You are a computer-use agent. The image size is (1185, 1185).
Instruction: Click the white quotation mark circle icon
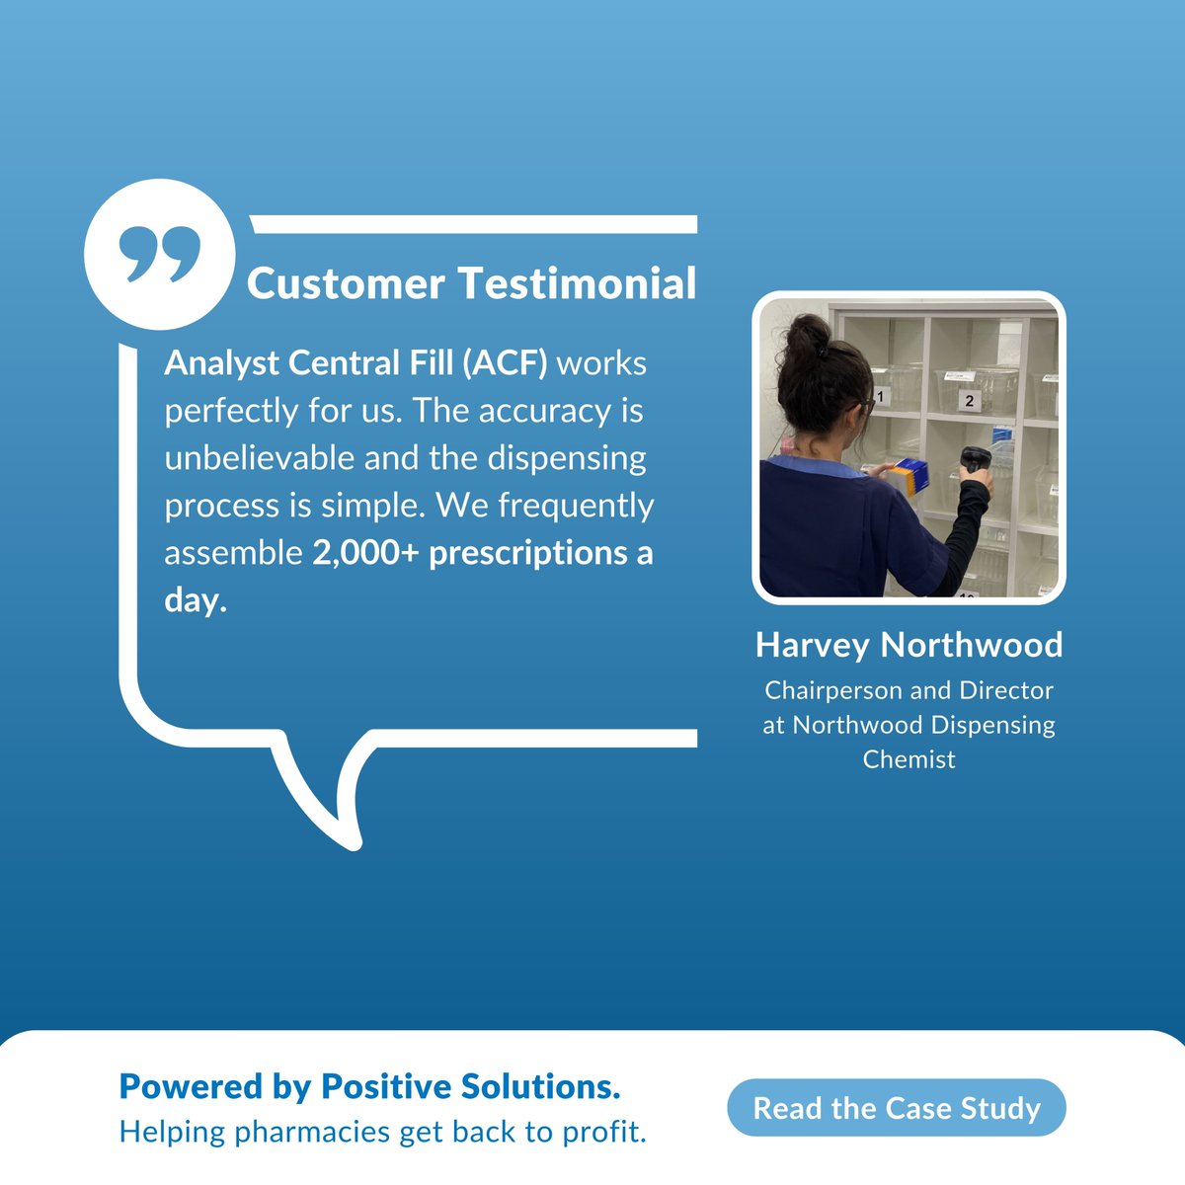pyautogui.click(x=159, y=254)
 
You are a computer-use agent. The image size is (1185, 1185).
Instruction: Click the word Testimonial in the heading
pyautogui.click(x=579, y=284)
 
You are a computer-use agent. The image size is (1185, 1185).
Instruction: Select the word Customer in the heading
pyautogui.click(x=346, y=284)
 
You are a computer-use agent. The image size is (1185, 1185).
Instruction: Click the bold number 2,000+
pyautogui.click(x=365, y=553)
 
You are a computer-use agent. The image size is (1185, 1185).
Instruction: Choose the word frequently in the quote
pyautogui.click(x=576, y=506)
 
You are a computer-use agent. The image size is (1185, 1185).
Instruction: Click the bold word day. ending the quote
pyautogui.click(x=196, y=600)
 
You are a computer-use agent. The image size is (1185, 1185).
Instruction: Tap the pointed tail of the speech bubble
pyautogui.click(x=348, y=834)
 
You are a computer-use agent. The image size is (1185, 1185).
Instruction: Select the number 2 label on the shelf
pyautogui.click(x=969, y=401)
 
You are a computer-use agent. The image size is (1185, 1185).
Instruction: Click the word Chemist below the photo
pyautogui.click(x=908, y=759)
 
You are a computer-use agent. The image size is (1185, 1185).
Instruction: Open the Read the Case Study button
pyautogui.click(x=897, y=1108)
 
